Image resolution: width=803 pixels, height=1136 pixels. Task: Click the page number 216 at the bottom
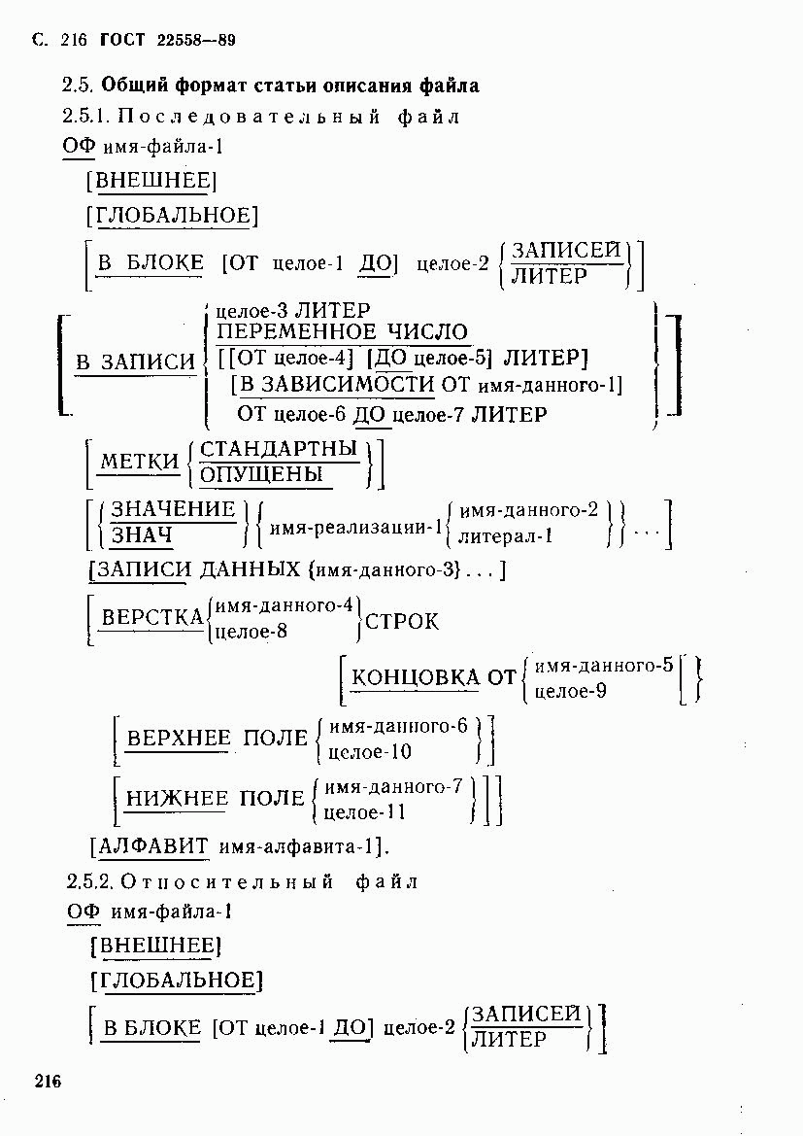point(47,1082)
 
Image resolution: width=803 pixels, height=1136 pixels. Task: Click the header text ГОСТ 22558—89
point(168,40)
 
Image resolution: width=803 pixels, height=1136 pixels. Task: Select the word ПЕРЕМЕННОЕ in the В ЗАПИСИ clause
point(297,332)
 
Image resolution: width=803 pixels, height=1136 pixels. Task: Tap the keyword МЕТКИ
point(139,461)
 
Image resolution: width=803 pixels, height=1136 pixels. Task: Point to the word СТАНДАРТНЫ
point(279,448)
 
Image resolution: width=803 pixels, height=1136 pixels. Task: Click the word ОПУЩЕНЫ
point(261,474)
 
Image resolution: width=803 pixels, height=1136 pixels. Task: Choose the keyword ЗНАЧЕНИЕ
point(174,509)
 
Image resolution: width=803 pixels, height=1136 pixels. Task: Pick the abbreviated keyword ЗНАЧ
point(142,535)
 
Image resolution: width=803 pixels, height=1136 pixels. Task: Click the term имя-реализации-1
point(355,527)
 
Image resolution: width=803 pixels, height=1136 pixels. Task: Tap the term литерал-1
point(506,536)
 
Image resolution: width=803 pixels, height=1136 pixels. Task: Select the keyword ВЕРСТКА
point(152,617)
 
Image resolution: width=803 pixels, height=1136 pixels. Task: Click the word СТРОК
point(402,622)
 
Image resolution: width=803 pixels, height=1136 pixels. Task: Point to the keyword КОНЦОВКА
point(415,677)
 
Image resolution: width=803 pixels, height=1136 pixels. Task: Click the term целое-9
point(571,691)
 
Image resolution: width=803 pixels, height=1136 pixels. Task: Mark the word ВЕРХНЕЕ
point(179,739)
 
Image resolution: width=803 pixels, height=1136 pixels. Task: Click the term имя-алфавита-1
point(296,846)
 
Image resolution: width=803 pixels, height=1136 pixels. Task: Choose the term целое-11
point(364,812)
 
